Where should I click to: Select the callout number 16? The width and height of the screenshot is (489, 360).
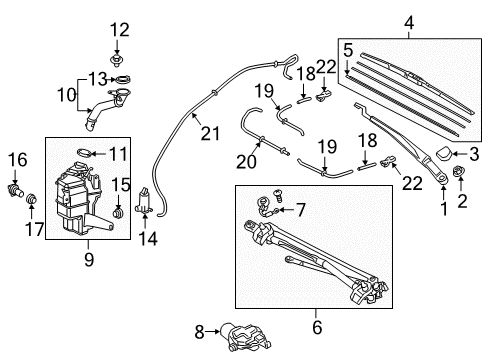coord(15,158)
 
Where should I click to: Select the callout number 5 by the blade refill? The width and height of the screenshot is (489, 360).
coord(347,48)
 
